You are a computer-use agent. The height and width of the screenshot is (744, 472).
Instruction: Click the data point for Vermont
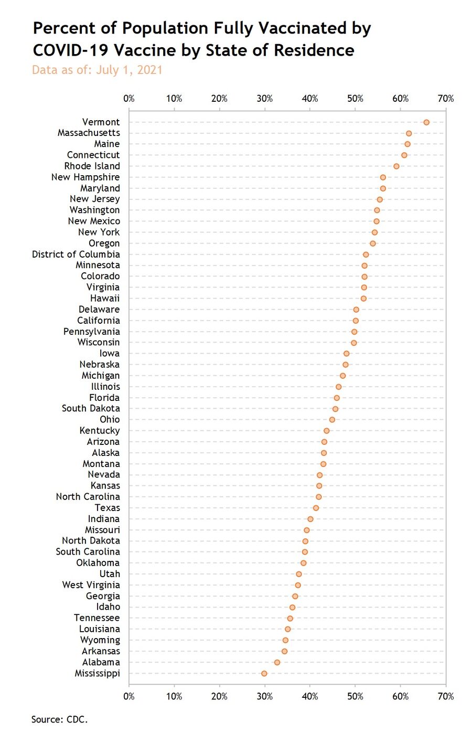click(x=426, y=122)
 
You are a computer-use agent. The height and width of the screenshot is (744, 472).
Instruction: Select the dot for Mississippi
click(x=264, y=673)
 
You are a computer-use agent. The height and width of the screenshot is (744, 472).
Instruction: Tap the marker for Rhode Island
click(x=396, y=166)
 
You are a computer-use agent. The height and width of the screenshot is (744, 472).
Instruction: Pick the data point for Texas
click(x=316, y=508)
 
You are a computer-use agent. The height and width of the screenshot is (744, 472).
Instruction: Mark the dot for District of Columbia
click(x=366, y=254)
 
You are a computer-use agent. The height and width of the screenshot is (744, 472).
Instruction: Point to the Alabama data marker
click(x=277, y=662)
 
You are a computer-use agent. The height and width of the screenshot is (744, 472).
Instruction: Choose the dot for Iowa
click(x=346, y=354)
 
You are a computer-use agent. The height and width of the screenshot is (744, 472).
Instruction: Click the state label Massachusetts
click(x=89, y=133)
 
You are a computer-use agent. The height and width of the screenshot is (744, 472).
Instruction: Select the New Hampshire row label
click(x=85, y=177)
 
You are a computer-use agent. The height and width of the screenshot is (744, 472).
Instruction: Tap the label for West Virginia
click(x=91, y=585)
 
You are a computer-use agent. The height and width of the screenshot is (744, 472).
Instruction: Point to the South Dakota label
click(x=91, y=409)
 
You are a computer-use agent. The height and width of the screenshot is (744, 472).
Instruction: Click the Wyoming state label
click(x=100, y=640)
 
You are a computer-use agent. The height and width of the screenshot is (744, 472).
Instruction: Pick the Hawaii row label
click(x=105, y=299)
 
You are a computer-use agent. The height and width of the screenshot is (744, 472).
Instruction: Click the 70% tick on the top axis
click(x=446, y=99)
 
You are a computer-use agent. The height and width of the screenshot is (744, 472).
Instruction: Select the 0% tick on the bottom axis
click(x=129, y=697)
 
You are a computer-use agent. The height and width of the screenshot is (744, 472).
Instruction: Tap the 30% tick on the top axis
click(x=265, y=99)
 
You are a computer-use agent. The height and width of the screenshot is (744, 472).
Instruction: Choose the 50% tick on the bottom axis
click(x=356, y=697)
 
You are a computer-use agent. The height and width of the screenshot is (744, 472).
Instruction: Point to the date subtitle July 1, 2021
click(x=130, y=70)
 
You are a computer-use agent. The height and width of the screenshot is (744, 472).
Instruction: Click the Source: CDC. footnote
click(x=59, y=719)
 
